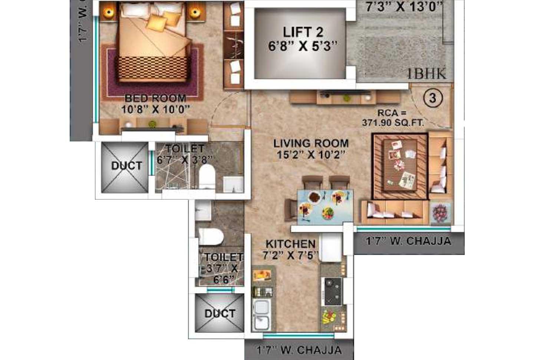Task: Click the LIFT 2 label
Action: (303, 32)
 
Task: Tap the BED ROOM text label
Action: (155, 98)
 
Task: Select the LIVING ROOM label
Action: (311, 143)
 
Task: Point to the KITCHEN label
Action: (290, 244)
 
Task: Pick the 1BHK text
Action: (426, 74)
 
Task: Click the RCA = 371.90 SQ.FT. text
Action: (393, 118)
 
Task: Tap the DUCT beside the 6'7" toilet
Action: (126, 166)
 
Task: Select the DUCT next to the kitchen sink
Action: (220, 314)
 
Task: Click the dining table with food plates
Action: (325, 206)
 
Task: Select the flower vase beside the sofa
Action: (440, 213)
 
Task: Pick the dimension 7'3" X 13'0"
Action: (404, 7)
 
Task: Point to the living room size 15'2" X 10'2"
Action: (311, 154)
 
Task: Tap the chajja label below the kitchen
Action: (299, 350)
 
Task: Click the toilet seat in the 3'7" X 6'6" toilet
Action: (210, 236)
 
